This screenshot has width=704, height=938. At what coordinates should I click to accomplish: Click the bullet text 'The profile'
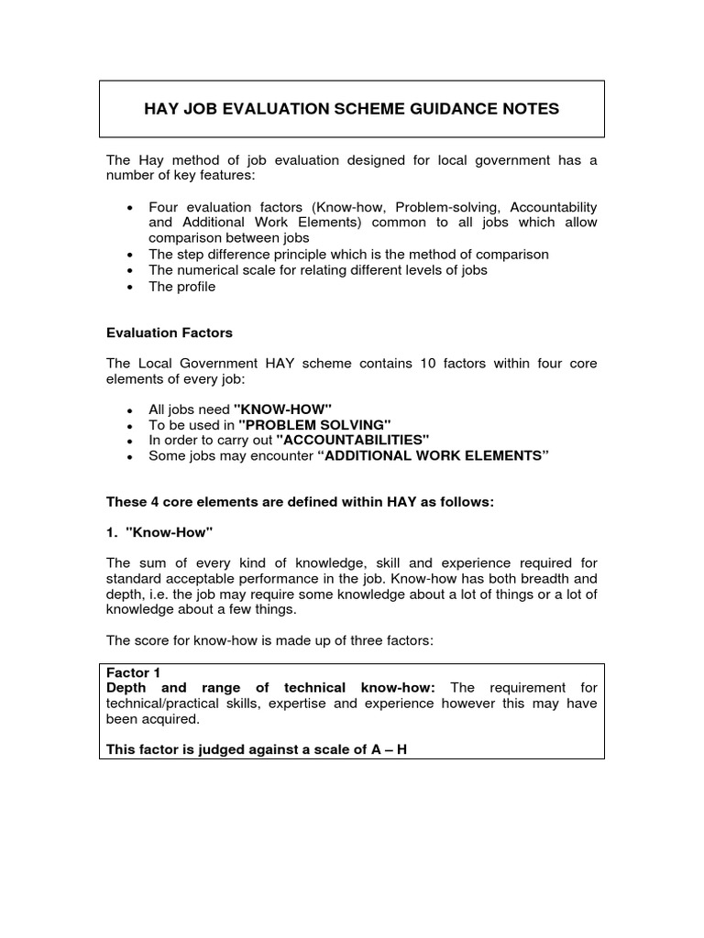click(181, 287)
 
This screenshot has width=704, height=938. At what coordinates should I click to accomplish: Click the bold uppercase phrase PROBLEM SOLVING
click(314, 424)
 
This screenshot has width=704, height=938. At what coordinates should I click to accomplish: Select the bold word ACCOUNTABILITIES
click(352, 440)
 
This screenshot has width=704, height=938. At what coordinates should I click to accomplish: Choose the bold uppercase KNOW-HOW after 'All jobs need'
click(282, 409)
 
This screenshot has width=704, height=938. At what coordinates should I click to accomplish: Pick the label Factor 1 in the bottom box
click(134, 672)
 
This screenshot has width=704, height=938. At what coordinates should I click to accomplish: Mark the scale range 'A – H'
click(388, 749)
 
